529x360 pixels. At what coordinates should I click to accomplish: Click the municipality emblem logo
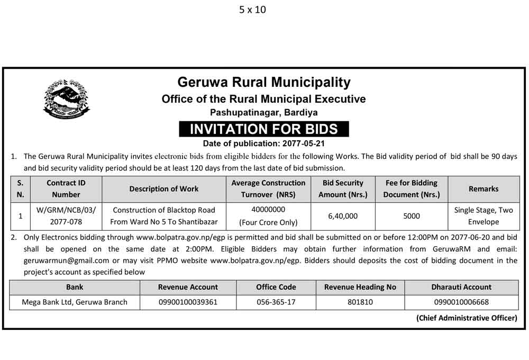tap(66, 98)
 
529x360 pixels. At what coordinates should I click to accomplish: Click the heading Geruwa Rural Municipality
tap(263, 82)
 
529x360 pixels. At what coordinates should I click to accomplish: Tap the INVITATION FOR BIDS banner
tap(263, 129)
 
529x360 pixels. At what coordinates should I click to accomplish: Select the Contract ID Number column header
tap(66, 188)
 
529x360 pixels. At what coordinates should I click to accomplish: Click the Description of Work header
tap(164, 188)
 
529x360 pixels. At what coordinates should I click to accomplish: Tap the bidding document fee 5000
tap(412, 216)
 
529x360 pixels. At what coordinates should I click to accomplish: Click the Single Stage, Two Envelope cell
tap(484, 216)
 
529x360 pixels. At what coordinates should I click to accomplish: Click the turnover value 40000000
tap(268, 210)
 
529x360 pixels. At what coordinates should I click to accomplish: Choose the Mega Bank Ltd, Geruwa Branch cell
tap(75, 302)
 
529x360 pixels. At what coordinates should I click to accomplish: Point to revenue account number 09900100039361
tap(188, 302)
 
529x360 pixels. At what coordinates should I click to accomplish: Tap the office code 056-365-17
tap(276, 302)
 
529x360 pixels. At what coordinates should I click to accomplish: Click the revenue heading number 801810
tap(360, 302)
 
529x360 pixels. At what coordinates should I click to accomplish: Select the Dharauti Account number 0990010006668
tap(461, 302)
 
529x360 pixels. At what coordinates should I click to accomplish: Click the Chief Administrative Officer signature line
tap(466, 318)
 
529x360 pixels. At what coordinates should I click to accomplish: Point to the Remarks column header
tap(484, 188)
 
